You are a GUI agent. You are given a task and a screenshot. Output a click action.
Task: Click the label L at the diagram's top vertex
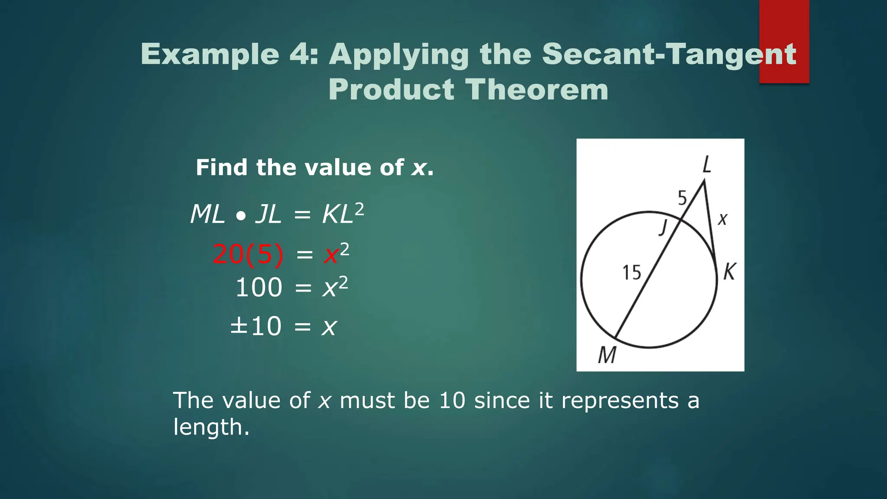click(x=706, y=165)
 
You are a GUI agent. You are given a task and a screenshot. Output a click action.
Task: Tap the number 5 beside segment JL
click(x=683, y=198)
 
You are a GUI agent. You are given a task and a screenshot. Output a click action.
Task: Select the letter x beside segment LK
click(x=722, y=219)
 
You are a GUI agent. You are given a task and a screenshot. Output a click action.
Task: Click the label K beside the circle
click(x=729, y=272)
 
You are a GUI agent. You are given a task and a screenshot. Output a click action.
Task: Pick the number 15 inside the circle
click(x=631, y=273)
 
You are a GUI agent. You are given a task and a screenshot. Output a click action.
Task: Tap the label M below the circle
click(x=607, y=355)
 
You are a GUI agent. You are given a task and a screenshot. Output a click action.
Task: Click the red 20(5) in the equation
click(x=248, y=254)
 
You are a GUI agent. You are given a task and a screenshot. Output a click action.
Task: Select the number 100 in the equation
click(x=259, y=288)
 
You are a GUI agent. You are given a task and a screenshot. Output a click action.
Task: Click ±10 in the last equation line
click(x=256, y=326)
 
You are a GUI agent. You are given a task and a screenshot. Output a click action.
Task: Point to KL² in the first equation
click(x=342, y=214)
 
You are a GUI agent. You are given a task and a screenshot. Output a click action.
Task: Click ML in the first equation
click(x=207, y=214)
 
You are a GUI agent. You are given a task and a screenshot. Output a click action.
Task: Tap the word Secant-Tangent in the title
click(x=669, y=55)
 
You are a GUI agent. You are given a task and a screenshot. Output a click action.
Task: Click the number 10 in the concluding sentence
click(x=452, y=400)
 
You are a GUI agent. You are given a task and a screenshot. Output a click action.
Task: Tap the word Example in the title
click(x=210, y=55)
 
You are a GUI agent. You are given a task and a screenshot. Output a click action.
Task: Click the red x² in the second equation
click(x=336, y=254)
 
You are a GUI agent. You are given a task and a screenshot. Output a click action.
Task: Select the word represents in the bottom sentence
click(x=620, y=400)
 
